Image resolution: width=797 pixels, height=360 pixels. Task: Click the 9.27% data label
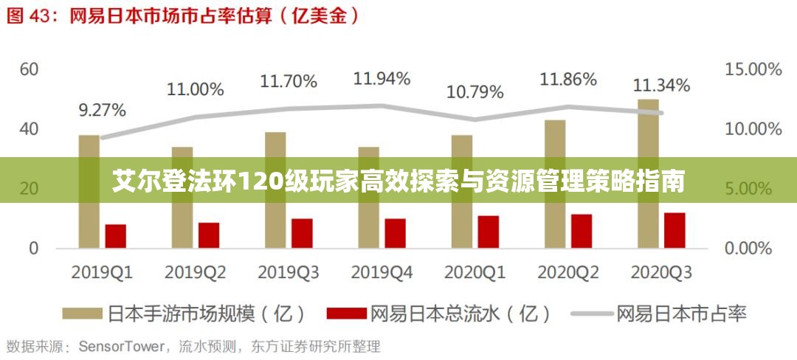(x=103, y=111)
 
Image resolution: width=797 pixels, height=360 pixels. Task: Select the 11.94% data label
(x=382, y=77)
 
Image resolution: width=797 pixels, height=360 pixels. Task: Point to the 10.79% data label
(x=476, y=94)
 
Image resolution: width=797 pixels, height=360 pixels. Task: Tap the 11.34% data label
(x=662, y=86)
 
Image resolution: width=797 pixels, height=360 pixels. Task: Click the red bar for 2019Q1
(x=116, y=236)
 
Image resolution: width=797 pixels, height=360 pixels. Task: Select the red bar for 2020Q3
(x=674, y=230)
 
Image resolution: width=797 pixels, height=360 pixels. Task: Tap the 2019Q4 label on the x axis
(x=382, y=272)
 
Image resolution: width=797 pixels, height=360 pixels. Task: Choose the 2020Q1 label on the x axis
(x=475, y=272)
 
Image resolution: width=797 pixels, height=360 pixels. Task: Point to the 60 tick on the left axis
(x=29, y=69)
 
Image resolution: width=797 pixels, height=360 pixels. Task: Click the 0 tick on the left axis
(x=34, y=249)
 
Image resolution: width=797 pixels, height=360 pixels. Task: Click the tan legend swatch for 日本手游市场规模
(x=82, y=314)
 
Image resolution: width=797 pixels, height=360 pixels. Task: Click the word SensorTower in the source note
(x=119, y=346)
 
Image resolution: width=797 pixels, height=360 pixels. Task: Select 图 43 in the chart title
(x=25, y=16)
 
